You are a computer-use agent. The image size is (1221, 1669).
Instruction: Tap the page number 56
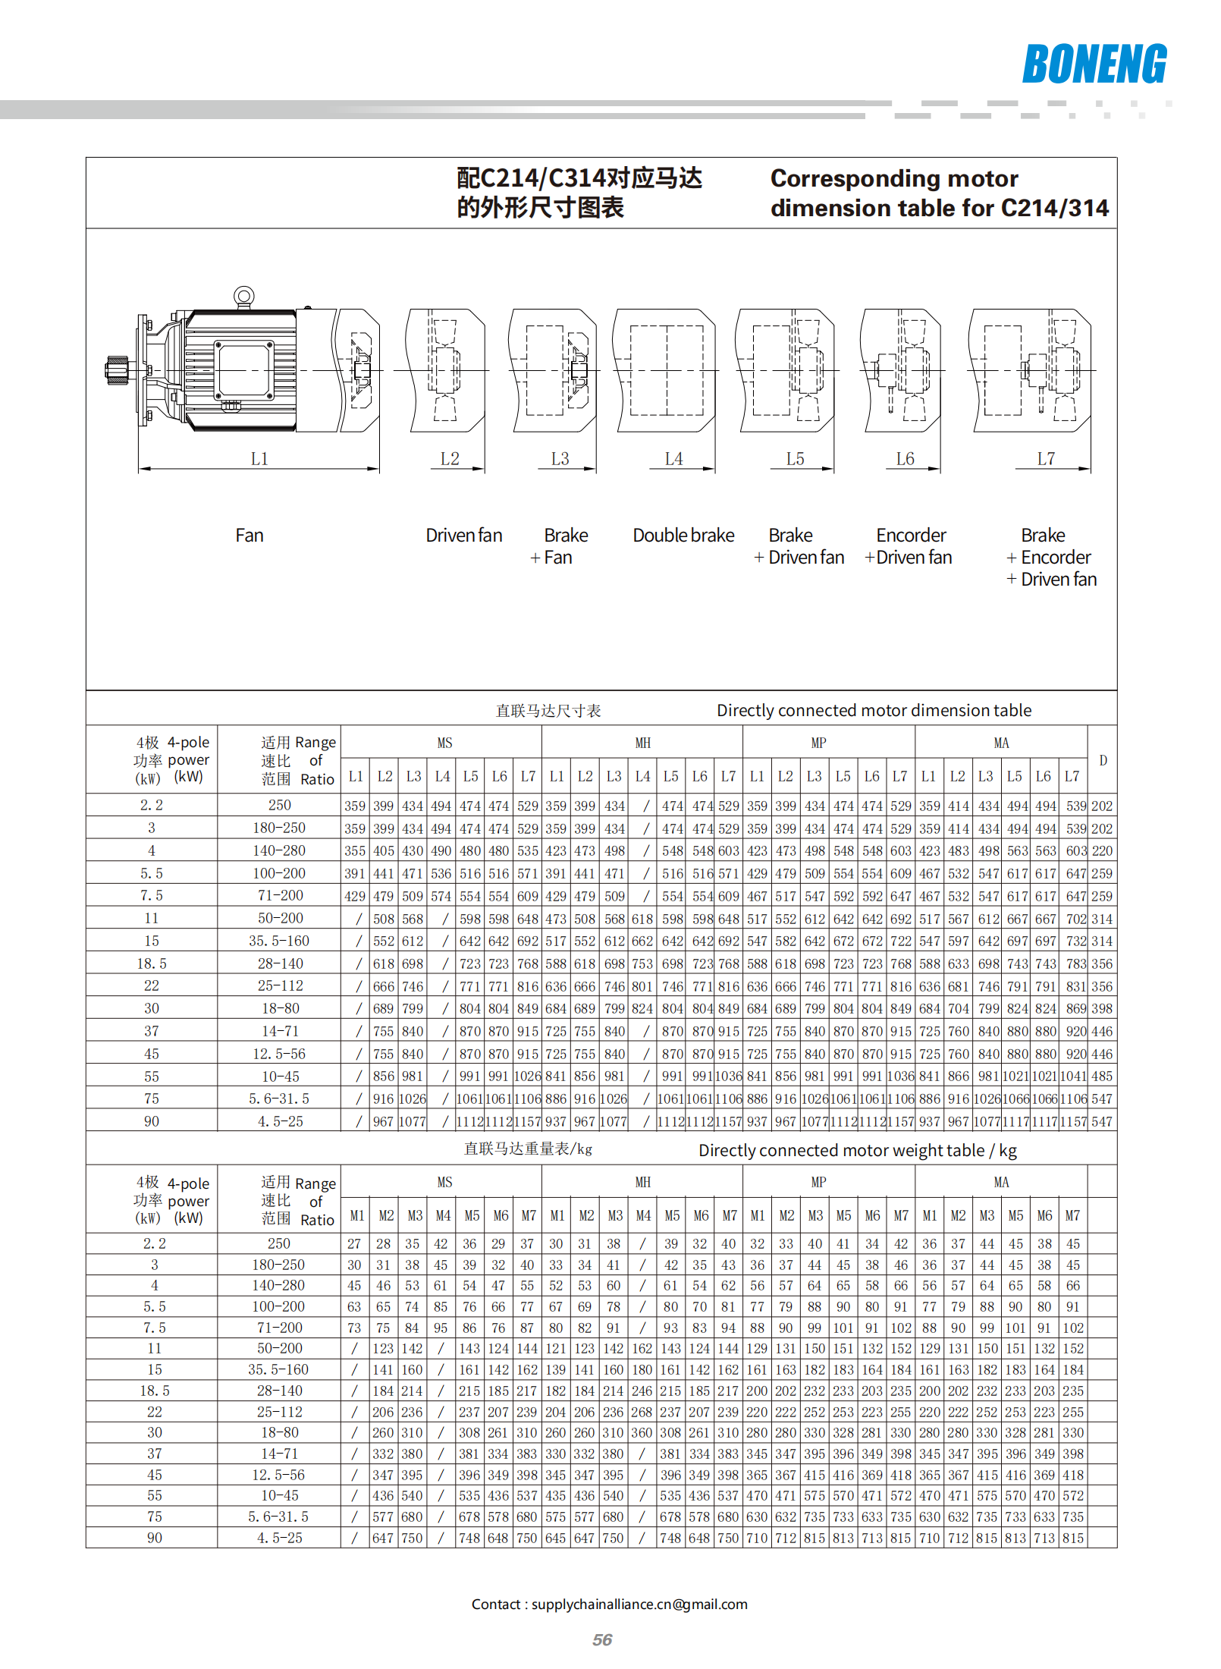click(x=602, y=1639)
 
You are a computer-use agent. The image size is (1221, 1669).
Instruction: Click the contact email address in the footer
click(x=639, y=1604)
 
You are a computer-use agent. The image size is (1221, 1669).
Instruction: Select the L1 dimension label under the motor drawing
click(x=259, y=459)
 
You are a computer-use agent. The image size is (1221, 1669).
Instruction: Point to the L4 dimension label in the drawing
click(x=673, y=459)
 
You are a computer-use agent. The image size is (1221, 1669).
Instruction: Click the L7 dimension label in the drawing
click(x=1046, y=459)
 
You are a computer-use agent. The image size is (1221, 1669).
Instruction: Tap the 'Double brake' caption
click(x=683, y=536)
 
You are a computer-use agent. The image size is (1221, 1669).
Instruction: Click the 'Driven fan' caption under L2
click(x=463, y=536)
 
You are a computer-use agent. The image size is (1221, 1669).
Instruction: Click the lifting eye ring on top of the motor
click(x=243, y=296)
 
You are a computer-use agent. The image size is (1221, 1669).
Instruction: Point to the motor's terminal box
click(x=243, y=369)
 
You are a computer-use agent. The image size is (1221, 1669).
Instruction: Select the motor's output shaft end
click(x=116, y=370)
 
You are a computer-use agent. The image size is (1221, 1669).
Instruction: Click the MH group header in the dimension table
click(x=642, y=743)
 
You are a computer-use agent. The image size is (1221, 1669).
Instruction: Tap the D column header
click(x=1103, y=760)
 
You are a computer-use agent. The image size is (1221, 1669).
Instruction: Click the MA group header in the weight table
click(x=1001, y=1182)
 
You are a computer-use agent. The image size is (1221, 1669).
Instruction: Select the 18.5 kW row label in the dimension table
click(x=152, y=963)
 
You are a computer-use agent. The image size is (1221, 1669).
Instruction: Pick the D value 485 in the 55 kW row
click(x=1102, y=1077)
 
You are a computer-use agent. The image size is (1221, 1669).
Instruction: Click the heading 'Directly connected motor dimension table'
click(x=874, y=710)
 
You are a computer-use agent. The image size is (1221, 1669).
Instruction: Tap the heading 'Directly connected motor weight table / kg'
click(x=857, y=1150)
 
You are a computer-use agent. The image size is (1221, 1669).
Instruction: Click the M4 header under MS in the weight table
click(x=443, y=1215)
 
